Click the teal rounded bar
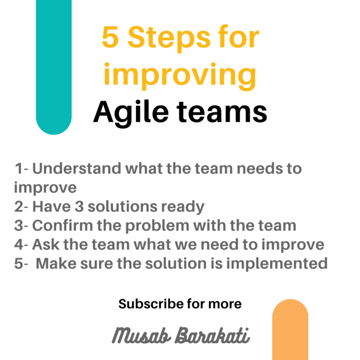tap(54, 67)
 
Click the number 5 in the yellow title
tap(110, 37)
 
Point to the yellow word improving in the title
tap(180, 75)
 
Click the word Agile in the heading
tap(131, 113)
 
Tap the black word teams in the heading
tap(222, 112)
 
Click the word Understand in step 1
tap(77, 168)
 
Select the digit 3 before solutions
tap(79, 206)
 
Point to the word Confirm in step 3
tap(62, 225)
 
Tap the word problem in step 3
tap(157, 226)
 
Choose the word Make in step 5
tap(56, 263)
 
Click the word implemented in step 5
tap(277, 264)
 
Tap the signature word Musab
tap(142, 335)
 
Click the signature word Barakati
tap(212, 335)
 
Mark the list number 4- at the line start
tap(21, 244)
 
